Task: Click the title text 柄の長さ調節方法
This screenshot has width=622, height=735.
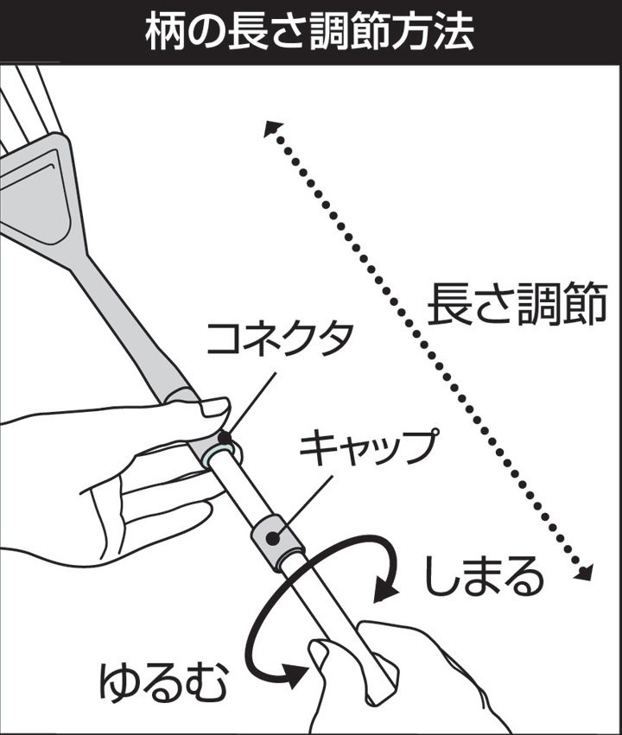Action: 309,32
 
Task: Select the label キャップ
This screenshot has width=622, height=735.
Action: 370,448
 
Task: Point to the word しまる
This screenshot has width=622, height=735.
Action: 483,575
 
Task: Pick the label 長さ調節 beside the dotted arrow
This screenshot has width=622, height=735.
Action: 517,305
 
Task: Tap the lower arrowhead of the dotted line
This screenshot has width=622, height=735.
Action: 584,572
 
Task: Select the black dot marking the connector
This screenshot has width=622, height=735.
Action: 225,438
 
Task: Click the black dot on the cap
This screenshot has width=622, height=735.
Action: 272,538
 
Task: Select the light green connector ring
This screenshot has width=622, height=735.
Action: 220,454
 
